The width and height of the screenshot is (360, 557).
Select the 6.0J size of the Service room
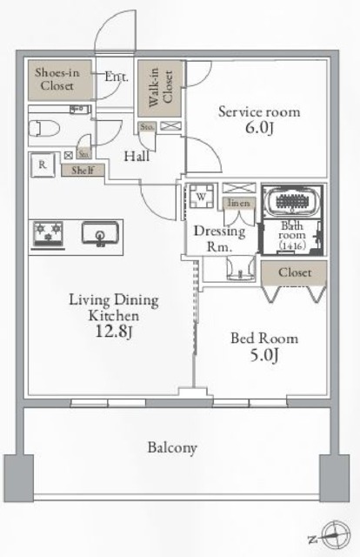click(259, 130)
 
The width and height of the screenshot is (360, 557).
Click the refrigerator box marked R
click(41, 163)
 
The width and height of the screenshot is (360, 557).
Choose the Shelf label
click(83, 171)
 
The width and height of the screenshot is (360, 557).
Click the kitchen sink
click(102, 232)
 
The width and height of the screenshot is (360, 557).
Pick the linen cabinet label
click(237, 203)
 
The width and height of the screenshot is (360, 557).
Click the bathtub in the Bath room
click(293, 201)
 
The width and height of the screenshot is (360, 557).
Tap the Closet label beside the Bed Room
click(296, 272)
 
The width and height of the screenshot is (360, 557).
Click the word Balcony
click(171, 448)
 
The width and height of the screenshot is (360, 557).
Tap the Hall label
click(135, 158)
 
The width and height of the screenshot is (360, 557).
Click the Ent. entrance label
click(116, 77)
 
